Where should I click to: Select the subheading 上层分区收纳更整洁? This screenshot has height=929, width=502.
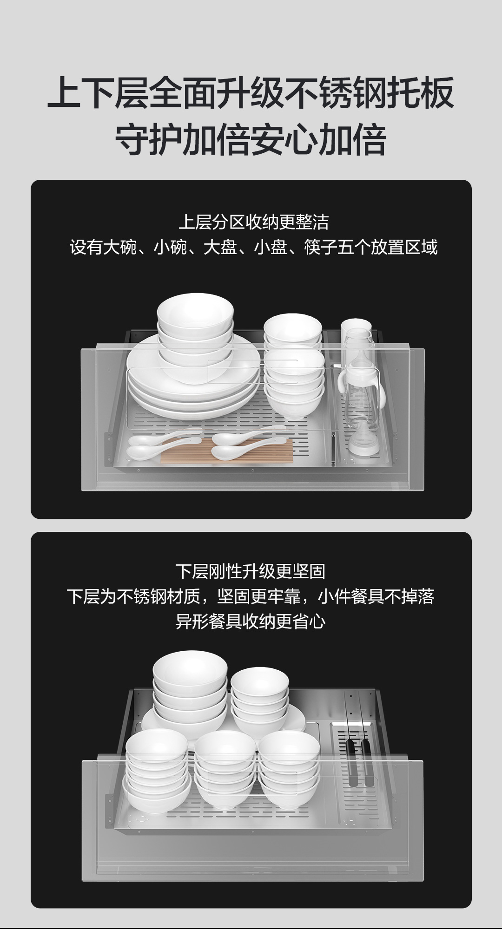point(254,222)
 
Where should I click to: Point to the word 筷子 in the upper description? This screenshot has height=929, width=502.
point(321,247)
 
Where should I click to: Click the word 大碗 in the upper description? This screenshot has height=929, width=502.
point(120,247)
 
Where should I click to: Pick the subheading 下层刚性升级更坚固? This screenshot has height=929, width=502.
point(251,571)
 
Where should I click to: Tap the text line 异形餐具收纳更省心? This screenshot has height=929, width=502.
point(251,622)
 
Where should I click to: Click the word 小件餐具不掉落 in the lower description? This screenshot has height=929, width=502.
point(376,596)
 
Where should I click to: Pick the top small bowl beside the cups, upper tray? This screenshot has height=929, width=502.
point(293,328)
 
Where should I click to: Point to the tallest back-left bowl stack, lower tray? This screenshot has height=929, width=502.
point(190,692)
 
